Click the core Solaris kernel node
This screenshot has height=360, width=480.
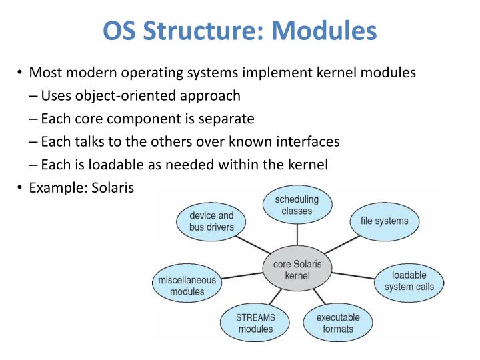[x=297, y=270]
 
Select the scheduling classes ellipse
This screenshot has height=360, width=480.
[x=297, y=205]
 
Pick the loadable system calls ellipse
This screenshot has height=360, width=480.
[x=409, y=281]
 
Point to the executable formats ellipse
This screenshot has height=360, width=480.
[x=337, y=323]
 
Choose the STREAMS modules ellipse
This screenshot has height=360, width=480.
[x=255, y=323]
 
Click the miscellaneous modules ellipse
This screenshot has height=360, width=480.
[x=187, y=285]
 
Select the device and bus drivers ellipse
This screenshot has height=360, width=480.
[x=211, y=221]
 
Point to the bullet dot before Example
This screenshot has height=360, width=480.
[x=21, y=188]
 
